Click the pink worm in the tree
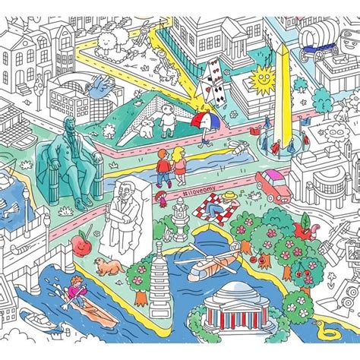[307, 223]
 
